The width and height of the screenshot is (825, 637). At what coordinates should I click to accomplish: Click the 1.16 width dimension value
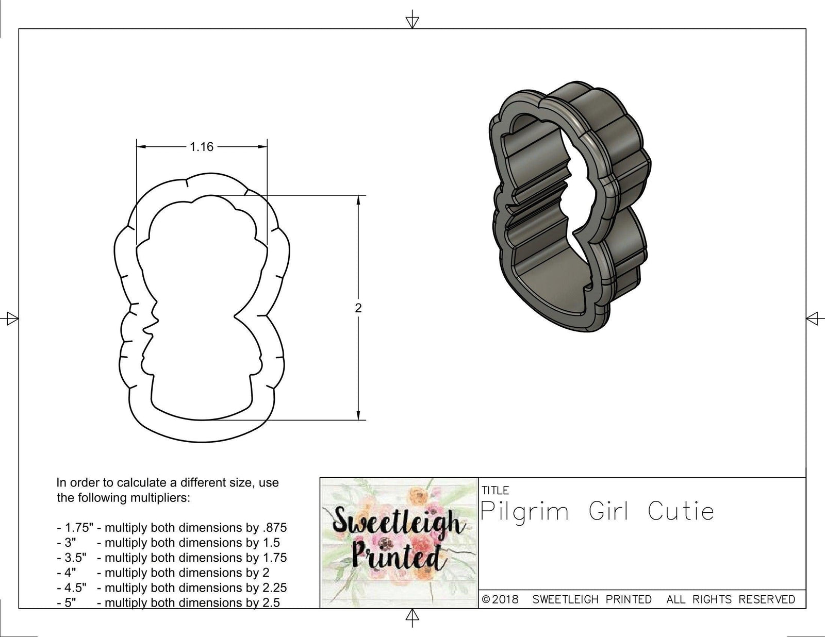pyautogui.click(x=201, y=147)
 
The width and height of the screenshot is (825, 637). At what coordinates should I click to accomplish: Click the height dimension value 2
pyautogui.click(x=358, y=308)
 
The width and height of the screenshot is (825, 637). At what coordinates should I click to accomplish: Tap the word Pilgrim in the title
pyautogui.click(x=524, y=511)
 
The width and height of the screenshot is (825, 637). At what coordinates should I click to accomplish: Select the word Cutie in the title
pyautogui.click(x=681, y=511)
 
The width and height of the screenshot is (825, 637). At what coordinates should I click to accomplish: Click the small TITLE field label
pyautogui.click(x=495, y=490)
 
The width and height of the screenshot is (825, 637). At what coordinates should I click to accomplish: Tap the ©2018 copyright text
pyautogui.click(x=500, y=599)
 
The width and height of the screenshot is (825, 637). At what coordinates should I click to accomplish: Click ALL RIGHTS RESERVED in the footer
pyautogui.click(x=731, y=599)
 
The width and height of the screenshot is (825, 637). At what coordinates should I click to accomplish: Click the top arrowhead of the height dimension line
pyautogui.click(x=358, y=200)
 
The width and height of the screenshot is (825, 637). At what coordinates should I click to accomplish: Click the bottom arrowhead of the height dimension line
pyautogui.click(x=358, y=415)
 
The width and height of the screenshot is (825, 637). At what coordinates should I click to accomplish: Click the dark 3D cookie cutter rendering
pyautogui.click(x=567, y=206)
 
